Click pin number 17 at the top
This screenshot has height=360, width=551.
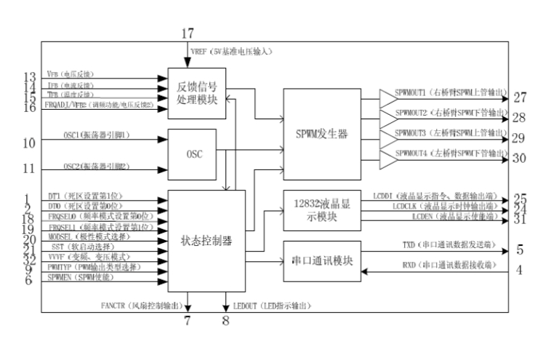point(188,33)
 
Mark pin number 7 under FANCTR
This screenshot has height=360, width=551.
point(187,320)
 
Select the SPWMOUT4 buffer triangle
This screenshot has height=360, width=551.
point(386,158)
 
